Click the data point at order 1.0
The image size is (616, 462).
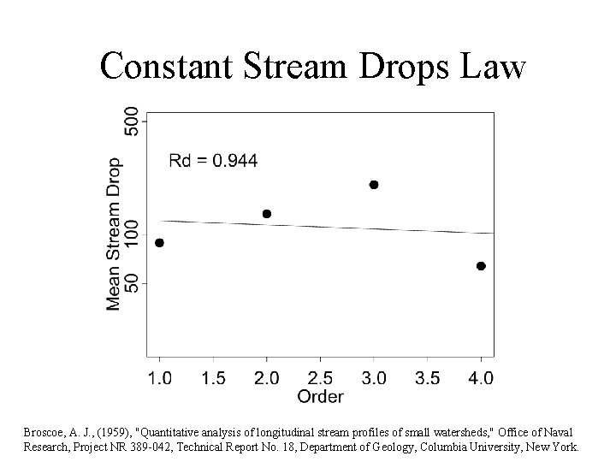point(159,243)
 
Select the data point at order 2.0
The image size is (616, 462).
point(267,214)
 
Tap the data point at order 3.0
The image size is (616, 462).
point(373,185)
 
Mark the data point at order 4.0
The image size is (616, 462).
point(481,266)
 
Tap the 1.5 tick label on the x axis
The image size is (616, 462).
point(213,377)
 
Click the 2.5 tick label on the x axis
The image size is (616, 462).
point(320,377)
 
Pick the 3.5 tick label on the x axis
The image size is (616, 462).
point(427,377)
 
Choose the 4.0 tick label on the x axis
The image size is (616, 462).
point(481,377)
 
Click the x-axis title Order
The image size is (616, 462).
point(320,396)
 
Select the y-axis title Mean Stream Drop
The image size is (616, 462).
point(113,233)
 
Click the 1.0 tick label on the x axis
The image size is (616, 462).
point(159,377)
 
